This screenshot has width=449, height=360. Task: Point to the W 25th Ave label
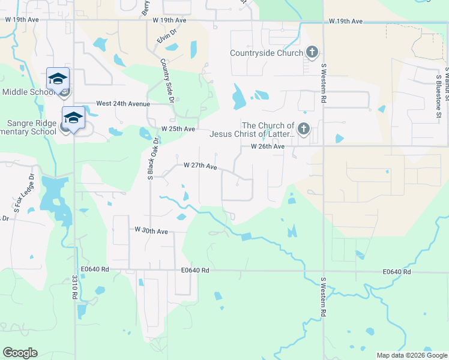[x=178, y=129]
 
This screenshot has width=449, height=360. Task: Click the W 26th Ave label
[x=267, y=146]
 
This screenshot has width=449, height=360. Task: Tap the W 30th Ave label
[x=151, y=230]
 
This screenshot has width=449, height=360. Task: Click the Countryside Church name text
[x=267, y=53]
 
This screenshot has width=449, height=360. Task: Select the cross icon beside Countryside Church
[x=312, y=52]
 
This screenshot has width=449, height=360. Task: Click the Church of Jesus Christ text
[x=252, y=130]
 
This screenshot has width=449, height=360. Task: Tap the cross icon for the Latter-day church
[x=304, y=129]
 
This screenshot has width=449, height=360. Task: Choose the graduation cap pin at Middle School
[x=58, y=79]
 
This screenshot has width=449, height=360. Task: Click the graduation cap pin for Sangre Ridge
[x=73, y=118]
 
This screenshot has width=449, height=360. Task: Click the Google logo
[x=20, y=353]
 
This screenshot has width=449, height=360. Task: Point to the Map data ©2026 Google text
[x=411, y=355]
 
